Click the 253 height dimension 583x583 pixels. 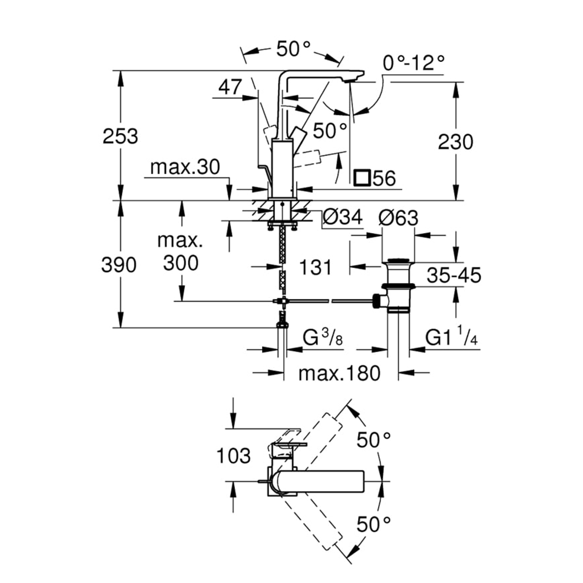pyautogui.click(x=120, y=137)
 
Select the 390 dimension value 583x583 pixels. pyautogui.click(x=120, y=265)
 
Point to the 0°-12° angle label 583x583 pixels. pyautogui.click(x=413, y=62)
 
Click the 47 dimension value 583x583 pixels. pyautogui.click(x=230, y=87)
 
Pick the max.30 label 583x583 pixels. pyautogui.click(x=184, y=167)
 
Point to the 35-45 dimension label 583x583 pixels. pyautogui.click(x=455, y=275)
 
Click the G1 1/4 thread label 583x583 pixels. pyautogui.click(x=451, y=339)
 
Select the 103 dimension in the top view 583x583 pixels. pyautogui.click(x=234, y=455)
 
